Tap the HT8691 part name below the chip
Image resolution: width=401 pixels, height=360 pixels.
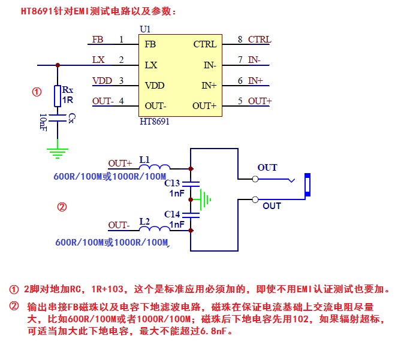[154, 122]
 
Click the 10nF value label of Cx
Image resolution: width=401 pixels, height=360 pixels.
[43, 122]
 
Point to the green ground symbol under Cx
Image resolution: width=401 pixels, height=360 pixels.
[57, 149]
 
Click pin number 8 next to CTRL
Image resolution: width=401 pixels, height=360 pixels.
[240, 40]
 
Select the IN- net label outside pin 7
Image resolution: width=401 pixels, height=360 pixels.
[254, 60]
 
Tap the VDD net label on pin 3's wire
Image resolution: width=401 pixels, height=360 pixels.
[102, 81]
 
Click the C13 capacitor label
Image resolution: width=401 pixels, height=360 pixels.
[172, 183]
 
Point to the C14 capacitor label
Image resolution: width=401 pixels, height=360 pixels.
[172, 214]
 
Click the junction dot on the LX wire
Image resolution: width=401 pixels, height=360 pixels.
[58, 64]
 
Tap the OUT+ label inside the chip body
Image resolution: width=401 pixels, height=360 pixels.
[204, 106]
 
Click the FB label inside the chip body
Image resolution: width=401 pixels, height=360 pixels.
[150, 44]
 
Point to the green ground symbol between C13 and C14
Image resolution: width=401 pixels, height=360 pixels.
[206, 199]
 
